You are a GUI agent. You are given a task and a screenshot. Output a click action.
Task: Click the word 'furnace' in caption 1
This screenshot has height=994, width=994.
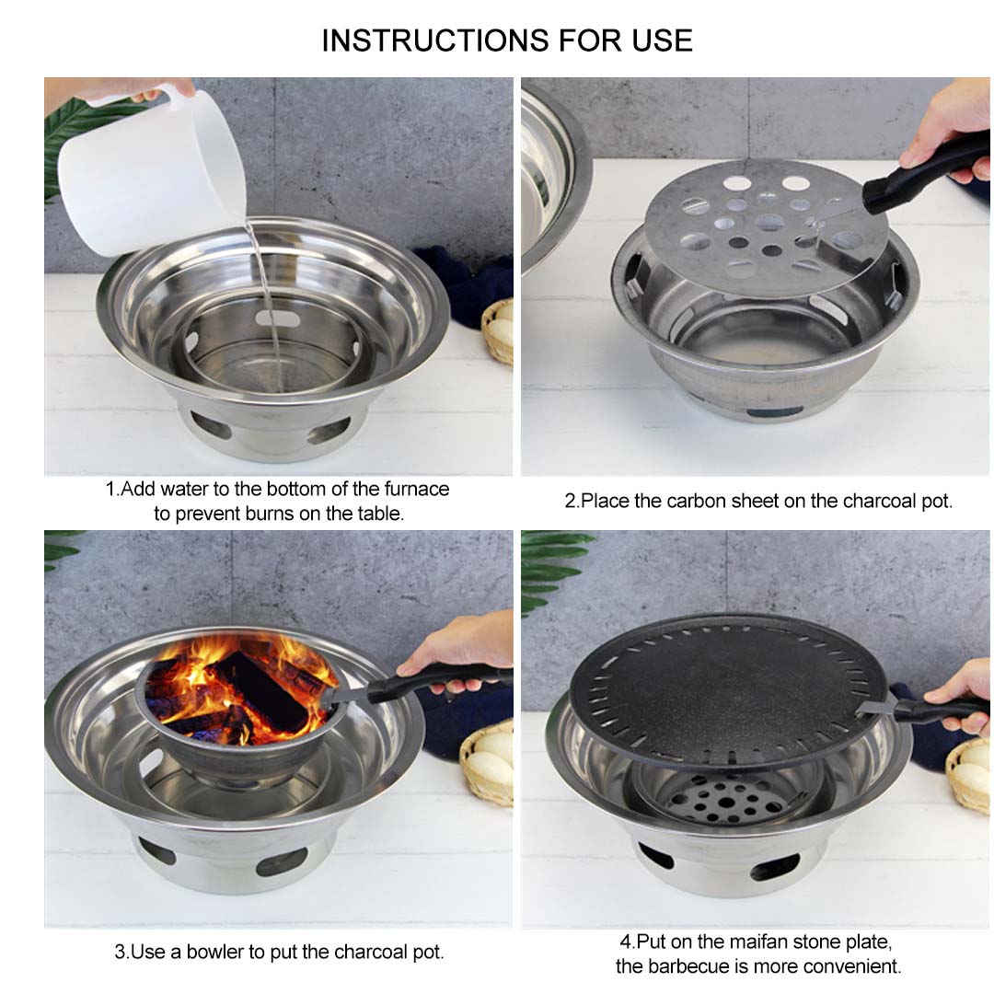[x=416, y=489]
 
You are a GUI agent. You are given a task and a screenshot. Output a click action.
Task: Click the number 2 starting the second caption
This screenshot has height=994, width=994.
[x=570, y=502]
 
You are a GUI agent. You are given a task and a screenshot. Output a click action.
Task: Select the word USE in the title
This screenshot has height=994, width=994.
[x=658, y=40]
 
